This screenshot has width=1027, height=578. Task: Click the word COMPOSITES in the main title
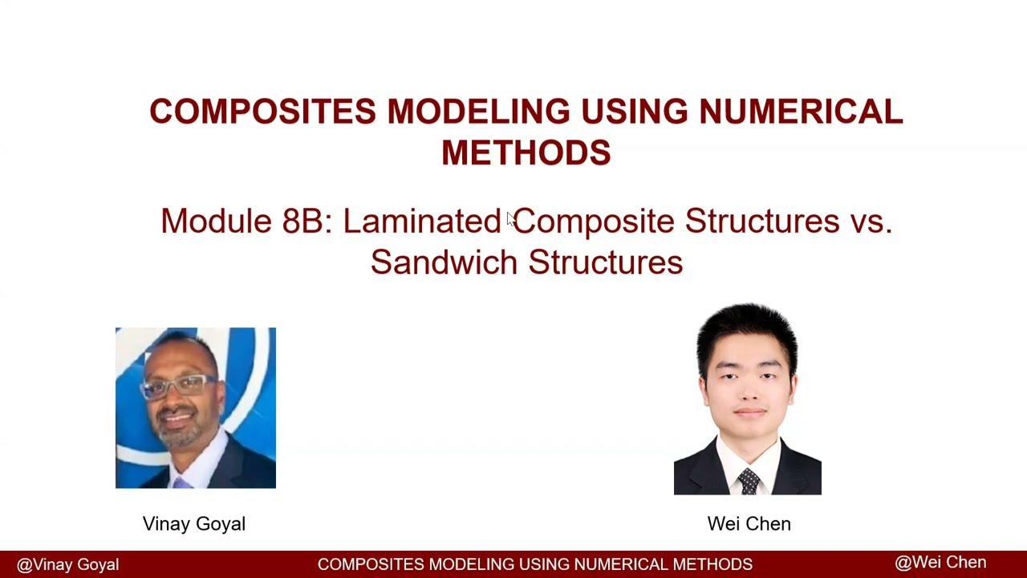[x=262, y=112]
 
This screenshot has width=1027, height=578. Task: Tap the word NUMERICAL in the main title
[x=801, y=112]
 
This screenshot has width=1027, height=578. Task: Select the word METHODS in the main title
[x=526, y=153]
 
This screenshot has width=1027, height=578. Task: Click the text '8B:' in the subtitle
[x=306, y=221]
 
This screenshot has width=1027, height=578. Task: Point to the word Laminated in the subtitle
[x=422, y=221]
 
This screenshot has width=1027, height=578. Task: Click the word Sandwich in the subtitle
[x=444, y=263]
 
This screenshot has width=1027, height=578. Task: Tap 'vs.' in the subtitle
[x=871, y=221]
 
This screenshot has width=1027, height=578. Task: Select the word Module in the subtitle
[x=216, y=221]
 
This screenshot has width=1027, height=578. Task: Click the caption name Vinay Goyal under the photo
[x=194, y=524]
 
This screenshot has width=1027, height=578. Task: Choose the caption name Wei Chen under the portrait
[x=749, y=524]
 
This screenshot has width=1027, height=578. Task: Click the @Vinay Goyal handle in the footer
[x=67, y=565]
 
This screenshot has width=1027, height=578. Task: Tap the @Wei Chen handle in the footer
[x=940, y=563]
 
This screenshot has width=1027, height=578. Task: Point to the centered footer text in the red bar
[x=534, y=564]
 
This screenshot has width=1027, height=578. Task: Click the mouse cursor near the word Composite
[x=509, y=218]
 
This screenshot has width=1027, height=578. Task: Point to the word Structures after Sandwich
[x=606, y=263]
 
